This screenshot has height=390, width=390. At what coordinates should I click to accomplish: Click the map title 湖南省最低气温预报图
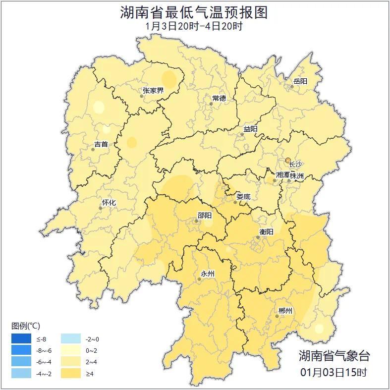pyautogui.click(x=194, y=12)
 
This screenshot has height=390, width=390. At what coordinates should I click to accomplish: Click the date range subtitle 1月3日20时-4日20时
pyautogui.click(x=194, y=26)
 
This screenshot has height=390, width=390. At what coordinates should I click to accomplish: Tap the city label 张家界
pyautogui.click(x=153, y=90)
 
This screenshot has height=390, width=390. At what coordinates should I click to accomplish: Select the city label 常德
pyautogui.click(x=219, y=98)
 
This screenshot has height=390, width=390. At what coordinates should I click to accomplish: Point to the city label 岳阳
pyautogui.click(x=300, y=81)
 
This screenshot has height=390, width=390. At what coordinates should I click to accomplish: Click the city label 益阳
pyautogui.click(x=250, y=129)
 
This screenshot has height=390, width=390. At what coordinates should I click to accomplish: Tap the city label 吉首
pyautogui.click(x=101, y=144)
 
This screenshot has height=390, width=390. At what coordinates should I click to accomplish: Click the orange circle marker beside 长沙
pyautogui.click(x=288, y=160)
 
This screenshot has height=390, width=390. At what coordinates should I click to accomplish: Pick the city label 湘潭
pyautogui.click(x=282, y=175)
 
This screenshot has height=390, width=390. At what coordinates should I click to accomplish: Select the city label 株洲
pyautogui.click(x=297, y=175)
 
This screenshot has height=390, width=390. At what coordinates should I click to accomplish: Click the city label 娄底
pyautogui.click(x=243, y=196)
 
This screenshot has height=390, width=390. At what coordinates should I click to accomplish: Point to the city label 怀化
pyautogui.click(x=109, y=202)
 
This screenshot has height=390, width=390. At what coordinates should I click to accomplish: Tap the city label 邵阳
pyautogui.click(x=204, y=215)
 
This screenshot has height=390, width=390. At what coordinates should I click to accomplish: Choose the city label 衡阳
pyautogui.click(x=266, y=231)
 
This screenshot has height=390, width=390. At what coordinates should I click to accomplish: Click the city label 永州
pyautogui.click(x=207, y=274)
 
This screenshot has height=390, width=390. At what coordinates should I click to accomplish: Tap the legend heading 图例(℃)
pyautogui.click(x=26, y=326)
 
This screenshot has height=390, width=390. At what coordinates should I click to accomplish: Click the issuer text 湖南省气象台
pyautogui.click(x=334, y=355)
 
